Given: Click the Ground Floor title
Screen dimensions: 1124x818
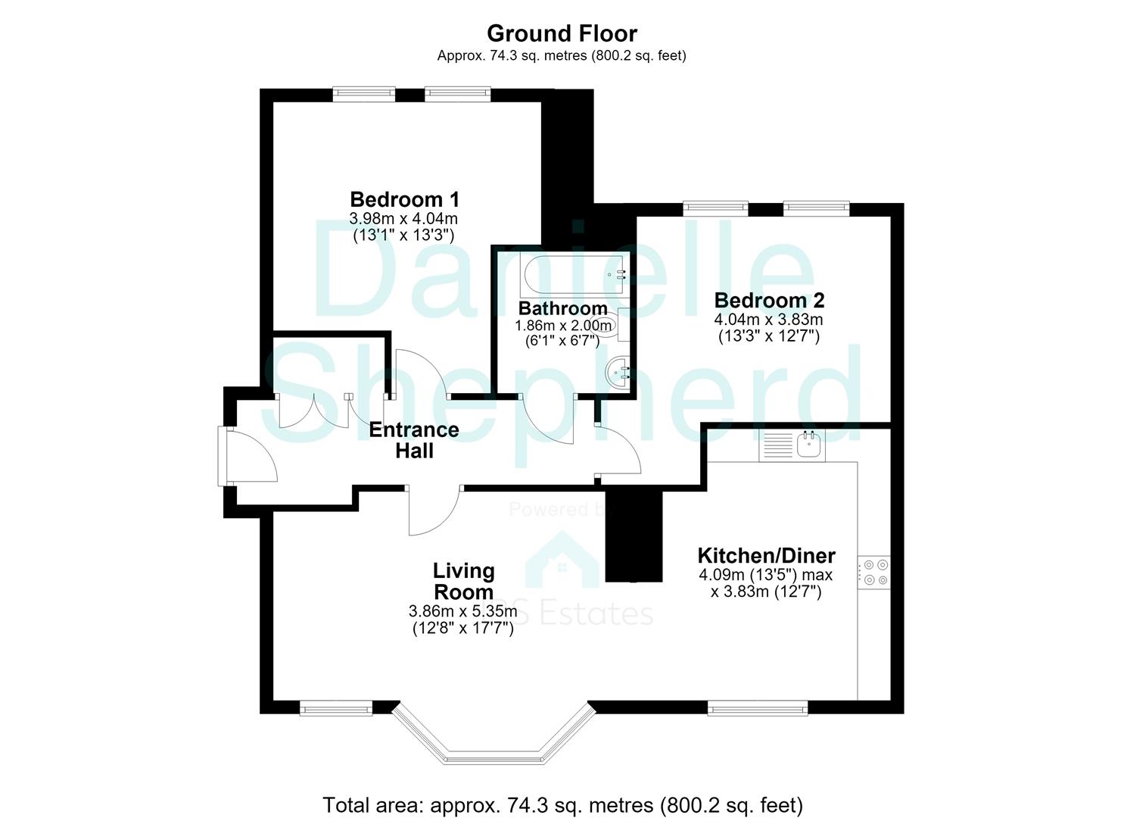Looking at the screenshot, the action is (562, 33).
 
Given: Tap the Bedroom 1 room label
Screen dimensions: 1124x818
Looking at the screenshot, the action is (404, 199).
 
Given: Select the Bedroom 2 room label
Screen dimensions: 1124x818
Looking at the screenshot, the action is (769, 300).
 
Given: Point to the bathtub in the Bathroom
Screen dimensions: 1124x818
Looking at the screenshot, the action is (574, 274).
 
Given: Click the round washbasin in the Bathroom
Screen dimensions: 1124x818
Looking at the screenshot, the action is (617, 373).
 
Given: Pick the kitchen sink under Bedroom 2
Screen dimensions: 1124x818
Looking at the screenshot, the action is (809, 444).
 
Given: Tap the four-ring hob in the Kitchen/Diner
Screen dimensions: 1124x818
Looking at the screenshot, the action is (873, 573).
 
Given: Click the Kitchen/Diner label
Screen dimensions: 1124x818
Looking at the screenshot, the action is (766, 556).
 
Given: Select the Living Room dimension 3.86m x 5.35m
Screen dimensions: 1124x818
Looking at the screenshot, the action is (462, 611).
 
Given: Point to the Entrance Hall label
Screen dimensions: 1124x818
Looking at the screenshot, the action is (414, 440).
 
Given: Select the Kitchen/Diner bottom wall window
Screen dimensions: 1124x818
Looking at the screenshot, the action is (758, 709).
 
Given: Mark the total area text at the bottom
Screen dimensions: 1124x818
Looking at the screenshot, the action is (562, 791).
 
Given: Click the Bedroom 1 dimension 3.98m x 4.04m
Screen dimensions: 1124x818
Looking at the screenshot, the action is (403, 219).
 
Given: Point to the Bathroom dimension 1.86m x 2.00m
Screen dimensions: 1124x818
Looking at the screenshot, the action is (563, 326).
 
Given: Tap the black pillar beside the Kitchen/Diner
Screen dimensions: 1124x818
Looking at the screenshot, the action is (634, 535).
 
